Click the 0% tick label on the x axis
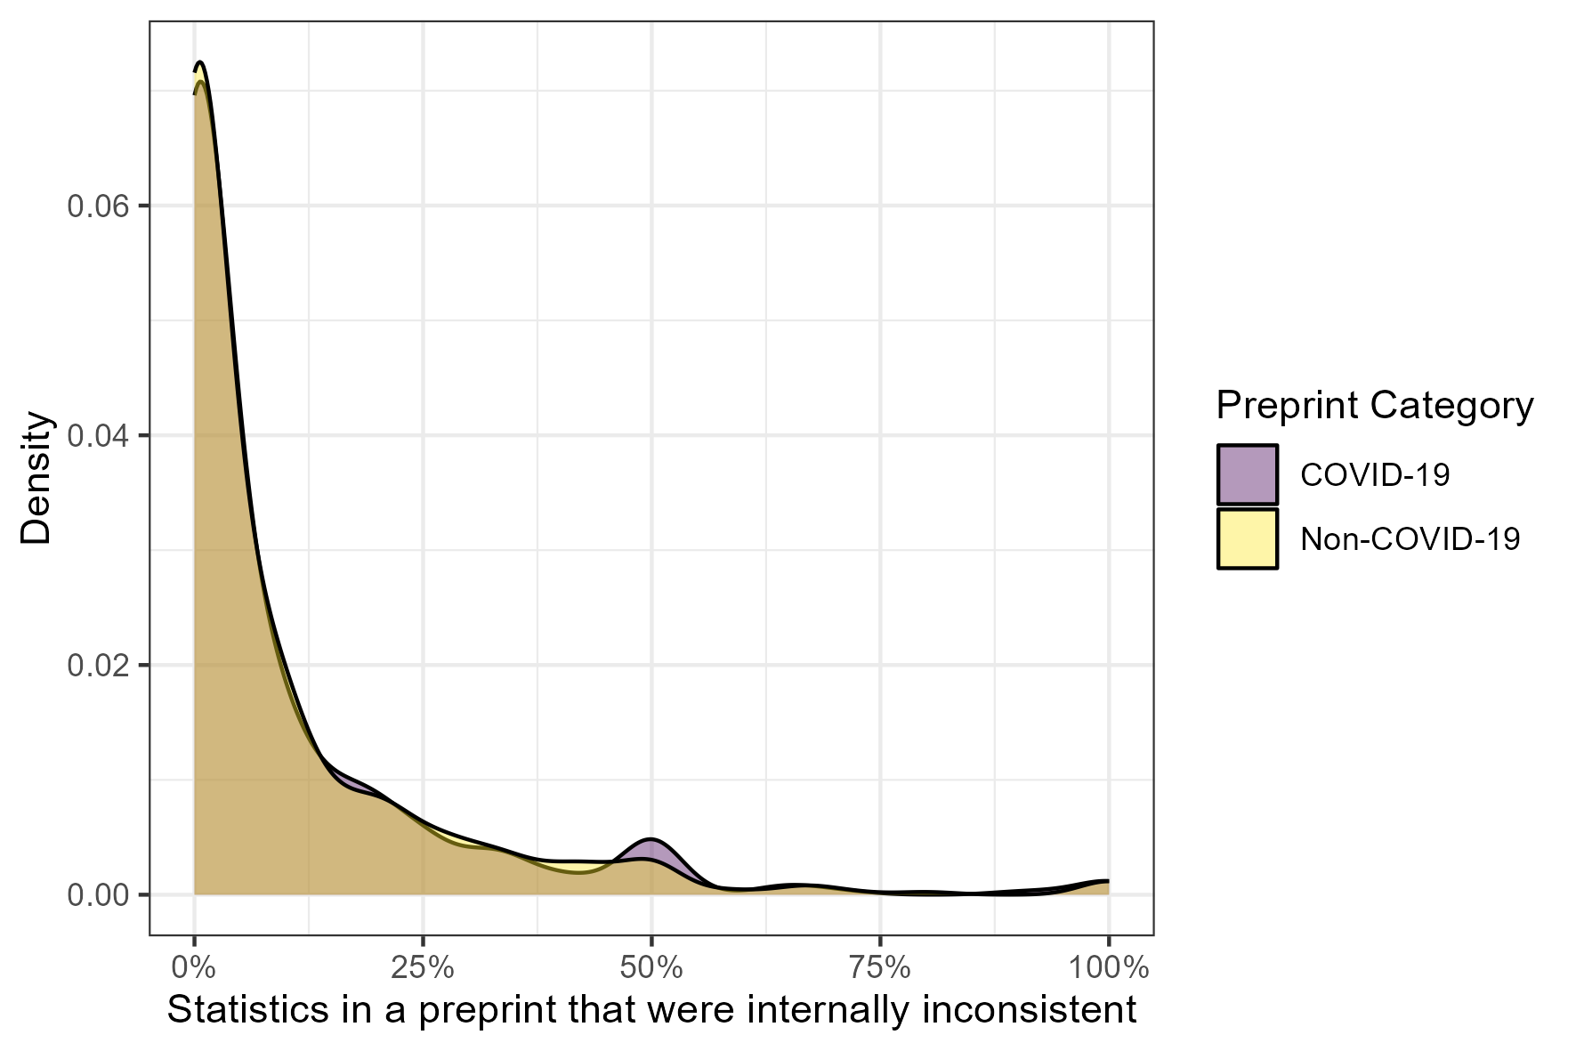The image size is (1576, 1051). coord(194,967)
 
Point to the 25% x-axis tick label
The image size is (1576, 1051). coord(423,967)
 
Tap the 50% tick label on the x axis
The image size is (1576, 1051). coord(651,967)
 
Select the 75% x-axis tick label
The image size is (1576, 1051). coord(880,967)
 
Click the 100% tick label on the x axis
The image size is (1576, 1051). coord(1108,967)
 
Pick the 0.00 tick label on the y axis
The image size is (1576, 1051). coord(98,894)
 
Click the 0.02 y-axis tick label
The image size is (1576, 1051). coord(98,665)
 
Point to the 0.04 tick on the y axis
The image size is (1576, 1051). coord(98,435)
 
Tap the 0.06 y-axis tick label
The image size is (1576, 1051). coord(98,206)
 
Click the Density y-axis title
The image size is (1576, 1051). coord(37,478)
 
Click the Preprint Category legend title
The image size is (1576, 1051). coord(1374,406)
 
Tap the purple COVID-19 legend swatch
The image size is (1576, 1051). coord(1248,475)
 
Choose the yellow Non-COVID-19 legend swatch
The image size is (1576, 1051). coord(1248,538)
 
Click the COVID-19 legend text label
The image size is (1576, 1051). coord(1375,475)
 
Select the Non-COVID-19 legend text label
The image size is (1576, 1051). coord(1410,539)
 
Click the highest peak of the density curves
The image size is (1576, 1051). coord(200,63)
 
